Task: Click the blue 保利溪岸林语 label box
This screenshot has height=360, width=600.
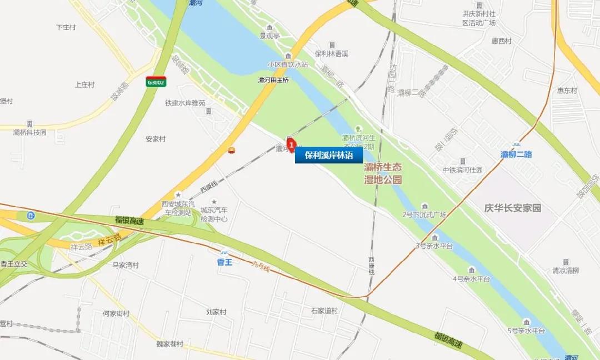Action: [x=328, y=156]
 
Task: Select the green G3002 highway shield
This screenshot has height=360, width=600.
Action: [x=156, y=82]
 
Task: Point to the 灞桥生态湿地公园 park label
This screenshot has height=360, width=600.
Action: [x=383, y=173]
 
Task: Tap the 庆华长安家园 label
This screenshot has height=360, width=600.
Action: [x=512, y=208]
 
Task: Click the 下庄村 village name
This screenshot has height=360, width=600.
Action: [x=66, y=27]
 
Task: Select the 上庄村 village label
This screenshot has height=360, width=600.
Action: [x=84, y=85]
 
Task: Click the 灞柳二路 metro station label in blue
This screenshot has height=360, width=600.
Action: [x=516, y=154]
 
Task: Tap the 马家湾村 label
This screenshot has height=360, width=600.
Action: [x=125, y=266]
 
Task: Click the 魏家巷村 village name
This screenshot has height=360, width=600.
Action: [x=169, y=344]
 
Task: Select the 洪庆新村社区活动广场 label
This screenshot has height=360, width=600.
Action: [x=479, y=18]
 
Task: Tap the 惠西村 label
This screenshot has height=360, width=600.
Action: [x=501, y=42]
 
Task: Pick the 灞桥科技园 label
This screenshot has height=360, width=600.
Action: [x=30, y=133]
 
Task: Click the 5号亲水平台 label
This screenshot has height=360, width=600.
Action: [x=526, y=331]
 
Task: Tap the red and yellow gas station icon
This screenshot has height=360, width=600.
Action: [x=231, y=151]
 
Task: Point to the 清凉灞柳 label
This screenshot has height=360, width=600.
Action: [x=566, y=271]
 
